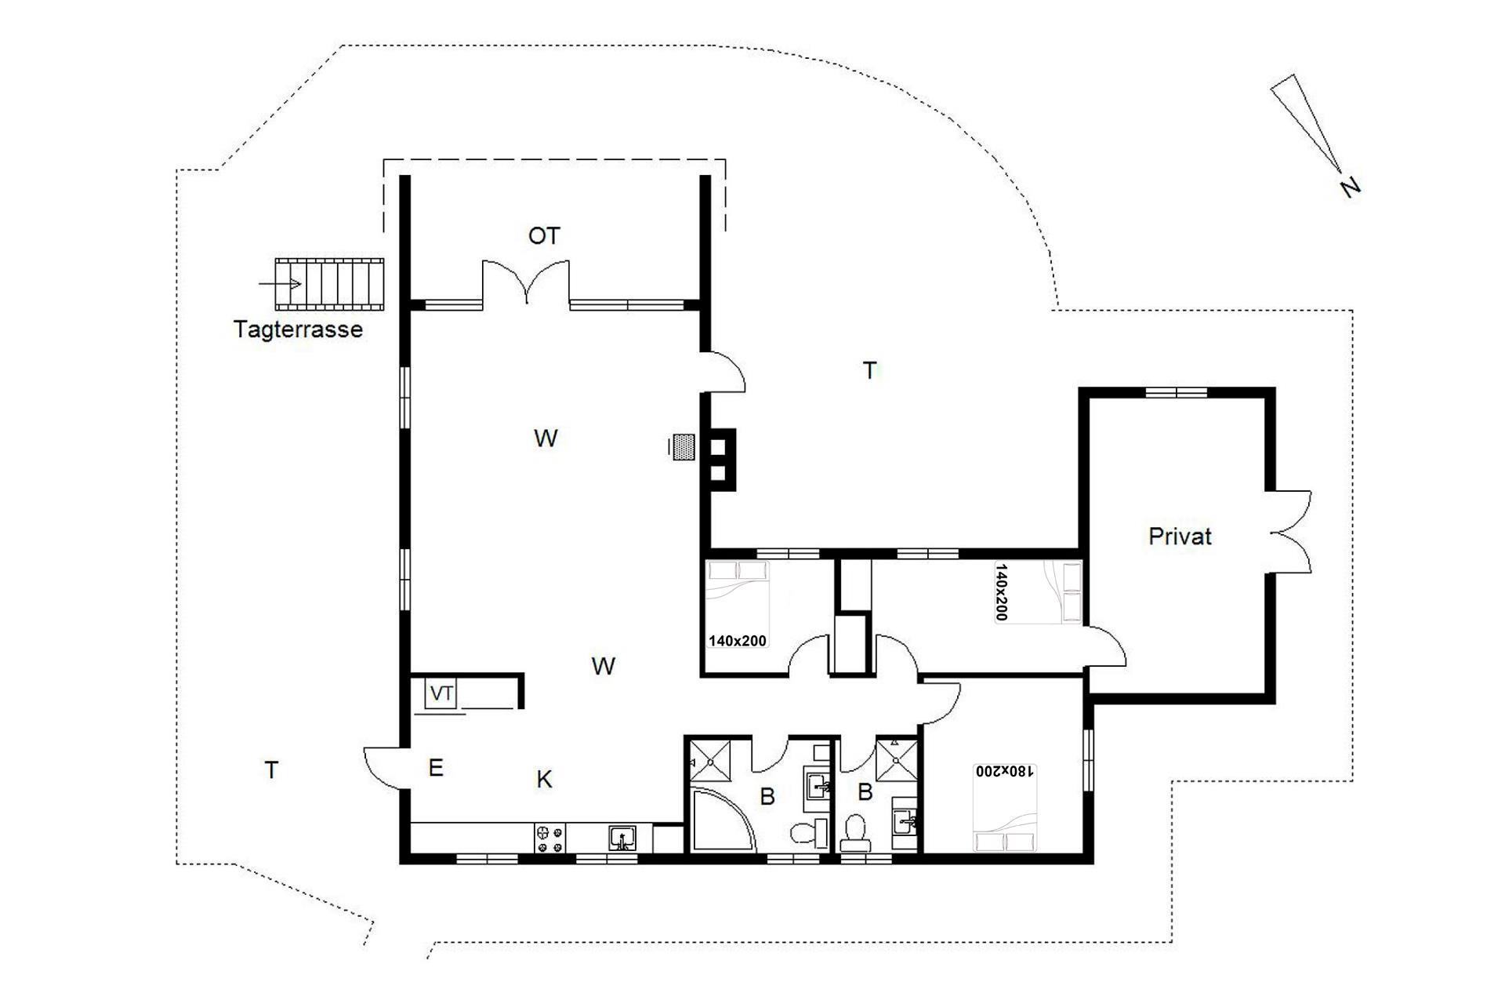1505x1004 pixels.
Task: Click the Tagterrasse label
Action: [298, 329]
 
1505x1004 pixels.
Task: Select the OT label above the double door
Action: [544, 236]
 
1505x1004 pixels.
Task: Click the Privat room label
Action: [1180, 537]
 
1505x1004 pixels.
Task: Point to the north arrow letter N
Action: [1350, 187]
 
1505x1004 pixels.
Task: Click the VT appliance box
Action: [441, 693]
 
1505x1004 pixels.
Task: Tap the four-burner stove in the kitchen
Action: [549, 838]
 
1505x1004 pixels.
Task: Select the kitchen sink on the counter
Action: [623, 838]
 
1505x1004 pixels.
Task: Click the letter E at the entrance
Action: [436, 768]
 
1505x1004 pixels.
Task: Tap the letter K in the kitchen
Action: [544, 780]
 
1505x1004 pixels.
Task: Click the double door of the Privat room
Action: [1289, 532]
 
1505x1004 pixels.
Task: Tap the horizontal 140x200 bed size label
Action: [738, 641]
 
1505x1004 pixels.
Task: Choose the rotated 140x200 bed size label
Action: [1002, 591]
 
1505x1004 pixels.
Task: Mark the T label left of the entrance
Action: [271, 770]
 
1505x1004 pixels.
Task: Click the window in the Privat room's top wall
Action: [1177, 392]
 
